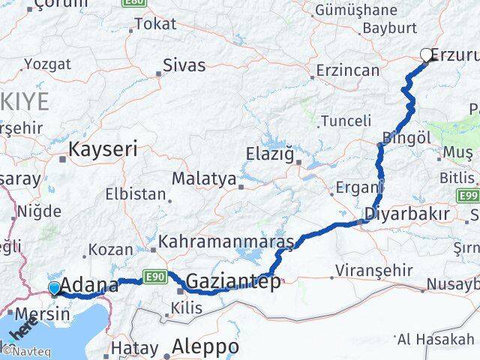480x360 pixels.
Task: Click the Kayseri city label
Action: point(103,148)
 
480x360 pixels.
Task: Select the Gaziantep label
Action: point(232,282)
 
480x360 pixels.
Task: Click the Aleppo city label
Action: point(205,347)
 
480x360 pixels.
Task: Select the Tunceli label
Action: point(346,120)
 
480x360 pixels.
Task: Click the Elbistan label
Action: point(136,193)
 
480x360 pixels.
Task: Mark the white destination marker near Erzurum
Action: point(427,55)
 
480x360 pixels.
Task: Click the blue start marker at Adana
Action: point(54,288)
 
